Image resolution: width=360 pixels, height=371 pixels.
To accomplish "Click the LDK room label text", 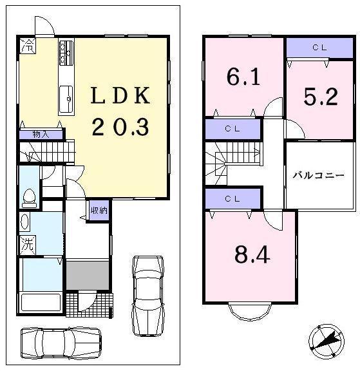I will click(x=120, y=97).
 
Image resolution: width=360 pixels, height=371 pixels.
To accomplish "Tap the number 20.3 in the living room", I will click(x=120, y=127).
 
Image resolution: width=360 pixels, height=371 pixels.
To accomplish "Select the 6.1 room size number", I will click(x=243, y=77).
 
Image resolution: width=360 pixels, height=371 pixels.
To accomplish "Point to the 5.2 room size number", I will click(x=320, y=97).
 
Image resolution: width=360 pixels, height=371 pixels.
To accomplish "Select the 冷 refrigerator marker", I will click(x=28, y=46).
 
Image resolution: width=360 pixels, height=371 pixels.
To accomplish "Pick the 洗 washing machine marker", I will click(x=26, y=245).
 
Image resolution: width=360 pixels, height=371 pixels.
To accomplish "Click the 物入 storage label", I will click(x=41, y=134).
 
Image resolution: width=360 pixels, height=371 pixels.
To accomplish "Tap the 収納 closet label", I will click(x=99, y=210).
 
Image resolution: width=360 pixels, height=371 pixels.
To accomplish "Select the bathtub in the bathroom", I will click(x=41, y=301).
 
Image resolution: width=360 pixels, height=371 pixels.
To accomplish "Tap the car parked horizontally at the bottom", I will click(x=61, y=342).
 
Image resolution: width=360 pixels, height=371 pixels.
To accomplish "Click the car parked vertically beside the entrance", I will click(x=147, y=294).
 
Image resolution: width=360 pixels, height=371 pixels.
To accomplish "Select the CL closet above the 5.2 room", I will click(x=319, y=48).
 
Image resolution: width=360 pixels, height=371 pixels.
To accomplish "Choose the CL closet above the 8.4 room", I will click(x=232, y=198).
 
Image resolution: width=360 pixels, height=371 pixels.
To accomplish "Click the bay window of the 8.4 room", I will click(x=250, y=312).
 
